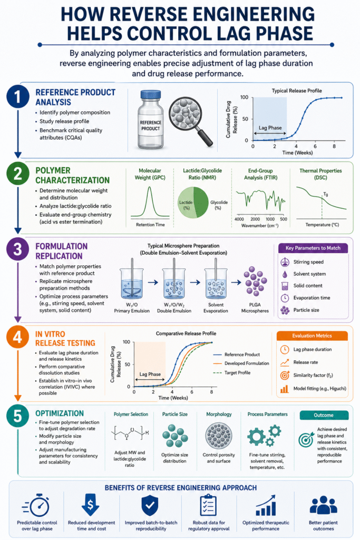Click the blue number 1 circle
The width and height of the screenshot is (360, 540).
point(17,97)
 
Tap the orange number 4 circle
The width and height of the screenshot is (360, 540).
point(17,337)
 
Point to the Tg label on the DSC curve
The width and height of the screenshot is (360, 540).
point(326,194)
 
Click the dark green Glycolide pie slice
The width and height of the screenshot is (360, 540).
point(201,202)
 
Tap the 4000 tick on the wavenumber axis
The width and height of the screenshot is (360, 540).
point(239,219)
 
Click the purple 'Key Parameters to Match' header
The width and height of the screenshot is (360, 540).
point(313,248)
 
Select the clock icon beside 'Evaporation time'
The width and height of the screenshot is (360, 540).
point(285,298)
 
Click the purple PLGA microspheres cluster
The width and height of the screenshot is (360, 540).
point(255,281)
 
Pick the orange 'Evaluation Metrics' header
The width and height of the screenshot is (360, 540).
point(312,336)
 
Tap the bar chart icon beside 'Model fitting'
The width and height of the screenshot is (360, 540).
point(284,389)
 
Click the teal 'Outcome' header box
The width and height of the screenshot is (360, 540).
point(324,415)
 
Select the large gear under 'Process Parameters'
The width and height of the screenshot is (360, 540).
point(256,437)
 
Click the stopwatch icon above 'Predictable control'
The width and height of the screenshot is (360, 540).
point(36,505)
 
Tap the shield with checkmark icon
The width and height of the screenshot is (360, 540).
point(150,505)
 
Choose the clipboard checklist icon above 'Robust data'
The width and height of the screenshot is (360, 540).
point(208,505)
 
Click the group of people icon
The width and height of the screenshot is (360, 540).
point(323,505)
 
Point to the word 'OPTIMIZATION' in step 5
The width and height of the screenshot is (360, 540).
point(60,413)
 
